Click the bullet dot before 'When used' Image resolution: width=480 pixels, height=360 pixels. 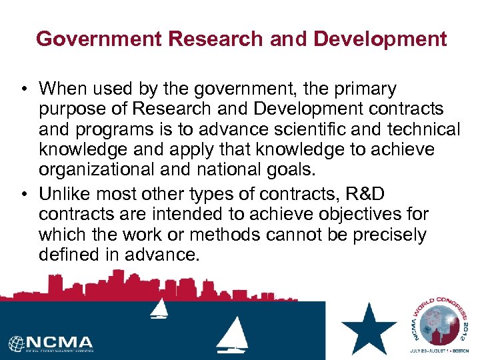click(x=23, y=89)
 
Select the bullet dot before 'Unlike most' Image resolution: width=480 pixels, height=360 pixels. click(x=23, y=195)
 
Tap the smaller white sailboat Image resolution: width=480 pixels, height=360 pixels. click(x=159, y=308)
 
